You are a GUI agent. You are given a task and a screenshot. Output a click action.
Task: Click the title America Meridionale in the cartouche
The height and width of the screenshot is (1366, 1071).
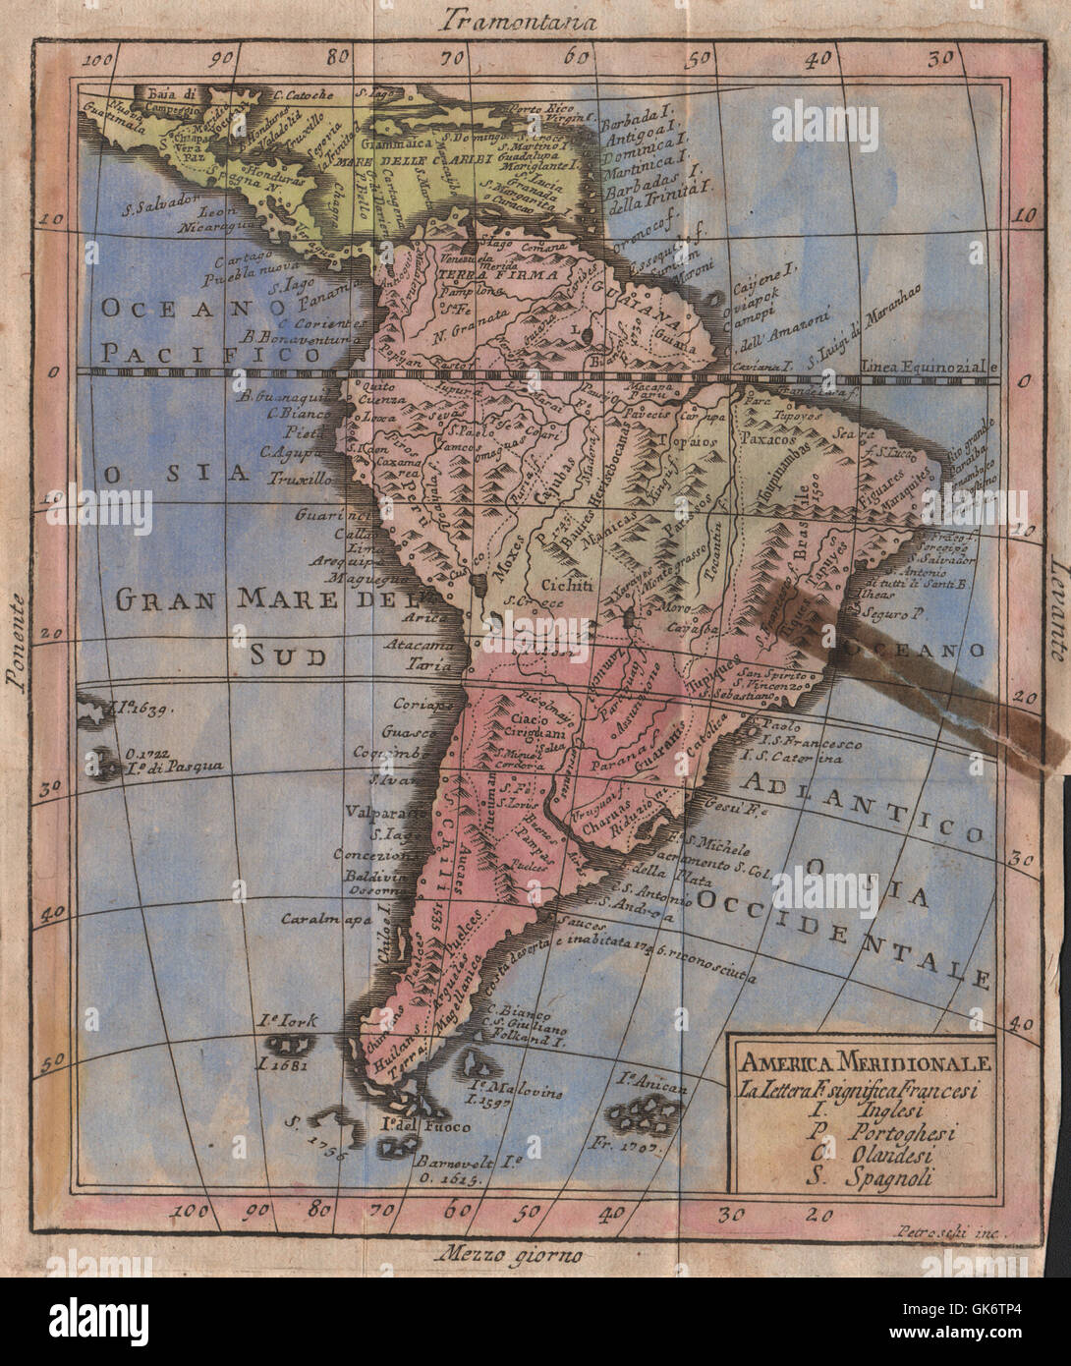pos(854,1064)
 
